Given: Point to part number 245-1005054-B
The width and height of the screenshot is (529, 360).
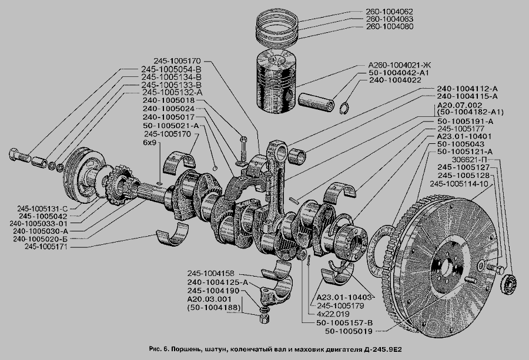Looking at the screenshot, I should tap(170, 69).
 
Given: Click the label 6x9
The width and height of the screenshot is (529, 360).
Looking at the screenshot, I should tap(150, 142).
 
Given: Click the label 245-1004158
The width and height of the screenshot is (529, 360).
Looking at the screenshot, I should tap(211, 273).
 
